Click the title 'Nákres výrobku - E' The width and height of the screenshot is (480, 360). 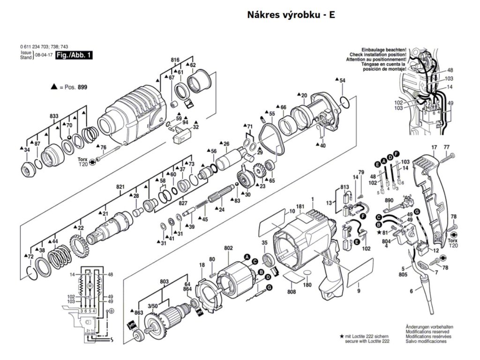291,15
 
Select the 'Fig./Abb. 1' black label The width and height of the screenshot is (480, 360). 74,55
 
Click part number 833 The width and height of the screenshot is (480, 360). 55,115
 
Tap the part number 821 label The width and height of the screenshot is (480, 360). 120,187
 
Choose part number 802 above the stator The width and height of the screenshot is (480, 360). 228,248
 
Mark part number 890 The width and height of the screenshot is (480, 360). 389,200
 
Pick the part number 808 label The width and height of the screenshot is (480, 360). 292,292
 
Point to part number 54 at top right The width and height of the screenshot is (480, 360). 342,81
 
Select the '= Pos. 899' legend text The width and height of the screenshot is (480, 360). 75,87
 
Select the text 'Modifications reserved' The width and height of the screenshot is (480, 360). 424,331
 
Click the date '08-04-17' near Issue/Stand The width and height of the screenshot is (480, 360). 43,56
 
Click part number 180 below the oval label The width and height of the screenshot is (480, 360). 307,285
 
